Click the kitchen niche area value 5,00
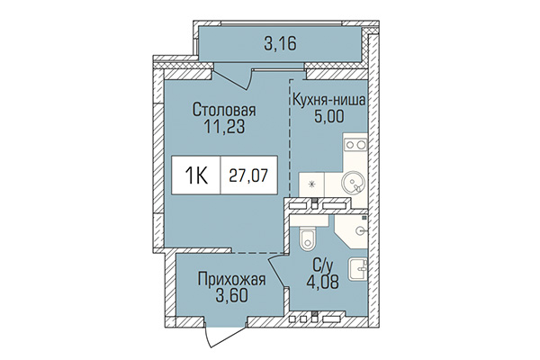pos(328,118)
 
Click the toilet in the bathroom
pos(307,238)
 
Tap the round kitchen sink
pos(354,180)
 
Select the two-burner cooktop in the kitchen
pos(354,145)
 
